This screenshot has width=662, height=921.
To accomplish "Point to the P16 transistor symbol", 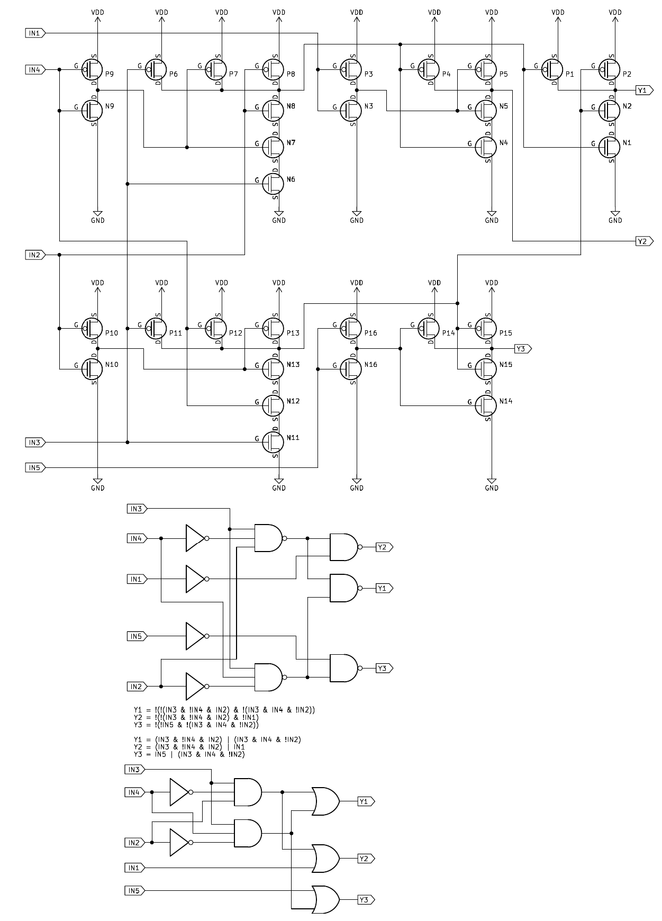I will [x=352, y=328].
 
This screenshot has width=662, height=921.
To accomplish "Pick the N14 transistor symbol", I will [x=487, y=405].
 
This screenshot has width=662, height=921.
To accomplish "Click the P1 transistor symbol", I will [x=553, y=69].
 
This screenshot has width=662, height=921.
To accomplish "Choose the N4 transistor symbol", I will [x=487, y=147].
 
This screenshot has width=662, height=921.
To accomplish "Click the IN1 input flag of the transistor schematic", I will [x=35, y=33].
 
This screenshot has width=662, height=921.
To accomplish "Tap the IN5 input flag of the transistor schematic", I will [x=35, y=467].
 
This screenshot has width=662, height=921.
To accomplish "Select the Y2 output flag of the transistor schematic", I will [x=643, y=241].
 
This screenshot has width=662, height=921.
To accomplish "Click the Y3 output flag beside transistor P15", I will [x=522, y=349].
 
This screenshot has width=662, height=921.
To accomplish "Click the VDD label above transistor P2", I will [x=615, y=12].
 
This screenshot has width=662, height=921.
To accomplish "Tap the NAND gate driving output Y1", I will [x=344, y=588].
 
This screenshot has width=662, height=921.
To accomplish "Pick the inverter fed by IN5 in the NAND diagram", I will [x=196, y=636].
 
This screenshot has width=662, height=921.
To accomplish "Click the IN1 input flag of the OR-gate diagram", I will [x=134, y=868].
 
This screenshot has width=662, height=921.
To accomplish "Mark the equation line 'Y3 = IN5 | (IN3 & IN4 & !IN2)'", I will [x=189, y=754].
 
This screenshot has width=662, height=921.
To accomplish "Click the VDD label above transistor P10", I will [x=98, y=283].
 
